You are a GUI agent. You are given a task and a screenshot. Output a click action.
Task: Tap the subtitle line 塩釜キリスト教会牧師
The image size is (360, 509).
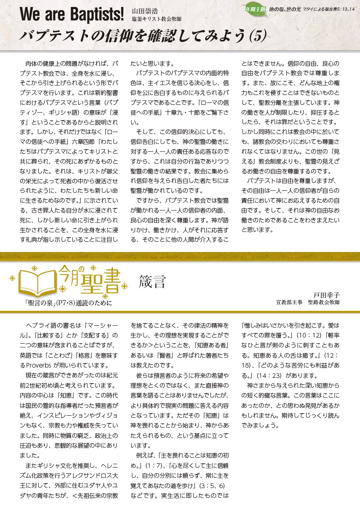tap(156, 19)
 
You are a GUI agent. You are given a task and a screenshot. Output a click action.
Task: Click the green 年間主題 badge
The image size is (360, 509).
tap(255, 9)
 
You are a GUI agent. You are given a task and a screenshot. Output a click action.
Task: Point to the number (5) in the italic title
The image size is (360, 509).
tap(258, 36)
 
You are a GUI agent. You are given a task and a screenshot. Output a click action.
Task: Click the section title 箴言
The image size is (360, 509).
tap(152, 282)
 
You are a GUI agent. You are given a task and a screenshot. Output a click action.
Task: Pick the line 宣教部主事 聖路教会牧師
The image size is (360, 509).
tap(308, 303)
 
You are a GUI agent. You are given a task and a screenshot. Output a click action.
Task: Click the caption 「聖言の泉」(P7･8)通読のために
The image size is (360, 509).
tap(68, 303)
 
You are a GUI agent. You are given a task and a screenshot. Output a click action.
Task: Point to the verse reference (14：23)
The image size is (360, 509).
tap(270, 375)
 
